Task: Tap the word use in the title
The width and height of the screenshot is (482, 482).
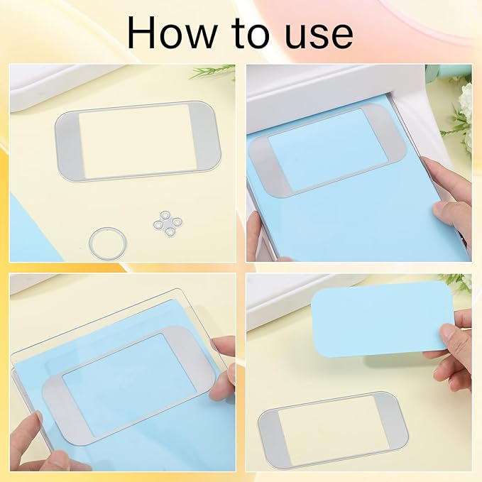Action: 314,33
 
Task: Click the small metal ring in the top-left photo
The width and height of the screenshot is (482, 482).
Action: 104,241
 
